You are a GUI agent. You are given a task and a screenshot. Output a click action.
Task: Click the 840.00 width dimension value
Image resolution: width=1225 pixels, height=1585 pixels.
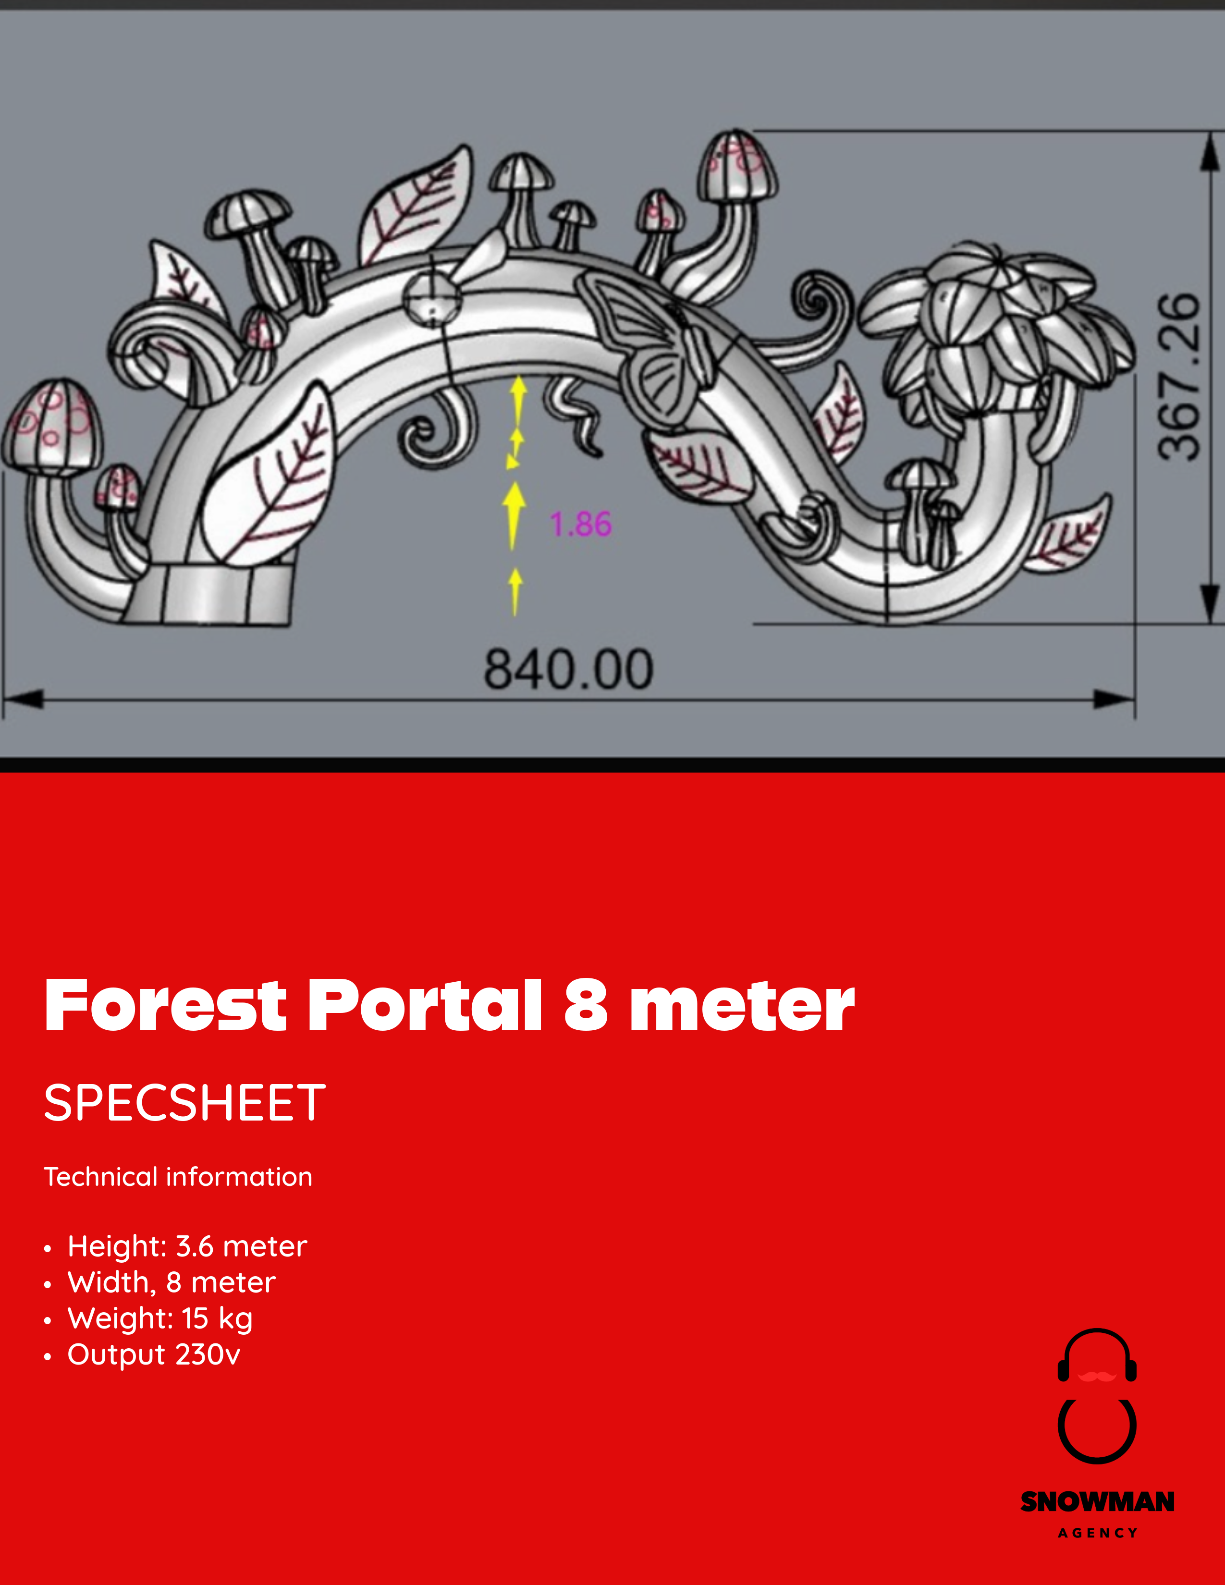coord(568,669)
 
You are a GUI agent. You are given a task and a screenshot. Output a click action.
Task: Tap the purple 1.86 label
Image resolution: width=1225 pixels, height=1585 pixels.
coord(581,524)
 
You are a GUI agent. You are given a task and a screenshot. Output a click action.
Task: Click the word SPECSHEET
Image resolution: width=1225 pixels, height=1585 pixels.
coord(185,1103)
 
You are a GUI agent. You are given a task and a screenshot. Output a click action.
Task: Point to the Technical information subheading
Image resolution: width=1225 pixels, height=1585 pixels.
coord(178,1177)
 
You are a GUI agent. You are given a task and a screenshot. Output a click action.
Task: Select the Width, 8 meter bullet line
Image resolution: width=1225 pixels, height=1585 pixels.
coord(171,1282)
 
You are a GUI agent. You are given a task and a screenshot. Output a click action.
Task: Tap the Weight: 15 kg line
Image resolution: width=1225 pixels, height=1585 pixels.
coord(159,1318)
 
